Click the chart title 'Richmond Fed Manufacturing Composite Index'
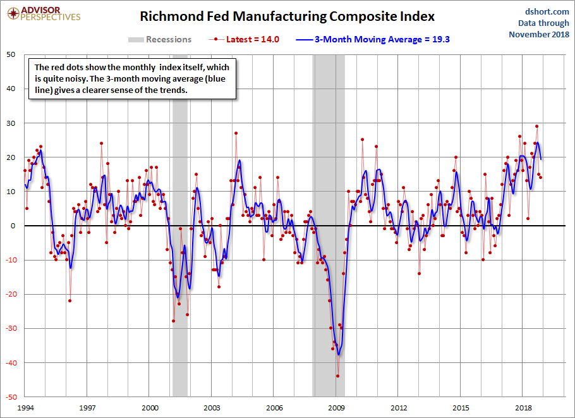[x=287, y=16]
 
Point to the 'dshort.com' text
[x=543, y=11]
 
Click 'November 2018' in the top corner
[x=538, y=34]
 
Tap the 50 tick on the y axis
[x=11, y=54]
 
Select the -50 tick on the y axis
[x=10, y=397]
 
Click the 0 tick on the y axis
[x=14, y=226]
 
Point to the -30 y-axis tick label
[x=10, y=328]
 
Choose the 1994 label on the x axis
[x=25, y=409]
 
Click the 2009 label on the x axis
[x=337, y=409]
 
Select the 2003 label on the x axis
[x=212, y=409]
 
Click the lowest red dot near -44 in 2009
[x=338, y=376]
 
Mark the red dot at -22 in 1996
[x=70, y=300]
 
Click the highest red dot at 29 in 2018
[x=536, y=126]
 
